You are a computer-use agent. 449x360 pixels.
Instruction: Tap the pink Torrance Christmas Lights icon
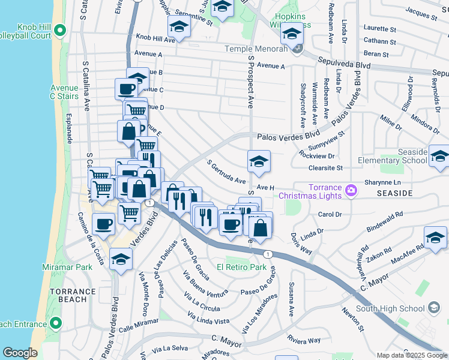(351, 191)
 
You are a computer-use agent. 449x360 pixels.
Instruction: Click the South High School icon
(433, 308)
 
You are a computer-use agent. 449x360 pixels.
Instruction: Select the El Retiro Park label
(241, 267)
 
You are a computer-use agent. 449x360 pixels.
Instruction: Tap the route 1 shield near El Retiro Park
(268, 254)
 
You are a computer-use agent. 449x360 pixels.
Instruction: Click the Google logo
(20, 353)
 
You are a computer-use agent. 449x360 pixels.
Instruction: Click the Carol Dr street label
(330, 214)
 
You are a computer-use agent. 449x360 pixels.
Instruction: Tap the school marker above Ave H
(259, 161)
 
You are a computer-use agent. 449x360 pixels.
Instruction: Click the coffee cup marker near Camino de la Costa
(103, 224)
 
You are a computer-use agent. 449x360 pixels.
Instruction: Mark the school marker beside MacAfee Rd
(435, 238)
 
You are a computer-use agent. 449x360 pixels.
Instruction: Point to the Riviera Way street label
(303, 340)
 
